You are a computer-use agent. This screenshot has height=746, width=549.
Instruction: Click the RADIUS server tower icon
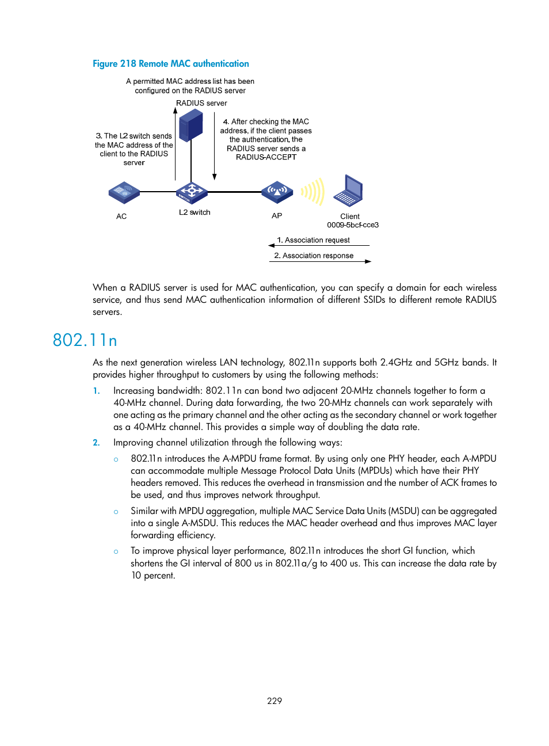click(x=191, y=125)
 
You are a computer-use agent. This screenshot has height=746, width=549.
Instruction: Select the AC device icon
click(x=124, y=192)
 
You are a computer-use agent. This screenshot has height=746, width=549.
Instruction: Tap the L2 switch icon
click(x=191, y=192)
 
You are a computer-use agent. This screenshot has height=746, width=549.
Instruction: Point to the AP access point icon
click(x=277, y=192)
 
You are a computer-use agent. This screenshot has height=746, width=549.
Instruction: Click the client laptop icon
click(x=349, y=191)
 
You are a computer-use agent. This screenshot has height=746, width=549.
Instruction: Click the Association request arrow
click(x=319, y=245)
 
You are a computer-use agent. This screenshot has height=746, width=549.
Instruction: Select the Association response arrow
click(x=320, y=261)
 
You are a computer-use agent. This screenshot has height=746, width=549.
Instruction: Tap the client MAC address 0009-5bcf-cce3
click(x=353, y=225)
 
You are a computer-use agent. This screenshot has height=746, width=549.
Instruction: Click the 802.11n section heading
click(x=85, y=340)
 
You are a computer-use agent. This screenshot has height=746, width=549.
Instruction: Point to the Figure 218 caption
click(x=171, y=64)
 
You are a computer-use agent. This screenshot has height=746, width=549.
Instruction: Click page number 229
click(x=274, y=701)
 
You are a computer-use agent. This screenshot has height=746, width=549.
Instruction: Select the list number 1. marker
click(x=97, y=391)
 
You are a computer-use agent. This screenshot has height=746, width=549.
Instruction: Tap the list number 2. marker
click(x=97, y=443)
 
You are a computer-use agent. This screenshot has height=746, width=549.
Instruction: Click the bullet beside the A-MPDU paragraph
click(x=116, y=459)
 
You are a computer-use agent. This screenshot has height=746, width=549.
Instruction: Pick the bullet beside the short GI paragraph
click(x=116, y=551)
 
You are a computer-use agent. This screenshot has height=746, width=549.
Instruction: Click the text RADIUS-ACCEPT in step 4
click(x=266, y=157)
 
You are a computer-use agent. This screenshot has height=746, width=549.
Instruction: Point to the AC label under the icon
click(x=121, y=216)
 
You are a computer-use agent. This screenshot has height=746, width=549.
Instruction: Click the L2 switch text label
click(x=195, y=212)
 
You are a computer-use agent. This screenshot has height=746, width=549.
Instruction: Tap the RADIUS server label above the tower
click(x=201, y=103)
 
